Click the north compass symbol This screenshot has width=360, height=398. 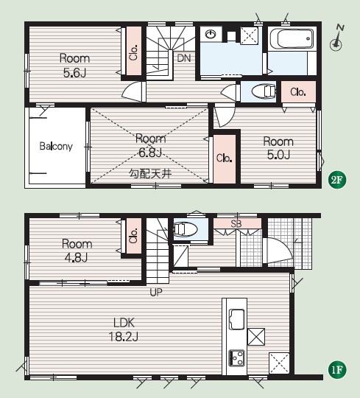pyautogui.click(x=337, y=38)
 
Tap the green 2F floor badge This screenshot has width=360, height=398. pyautogui.click(x=337, y=180)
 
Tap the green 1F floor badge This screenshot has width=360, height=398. pyautogui.click(x=337, y=369)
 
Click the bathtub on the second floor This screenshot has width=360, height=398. pyautogui.click(x=292, y=38)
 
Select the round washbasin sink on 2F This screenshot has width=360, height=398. pyautogui.click(x=210, y=34)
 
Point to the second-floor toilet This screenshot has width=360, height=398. pyautogui.click(x=264, y=91)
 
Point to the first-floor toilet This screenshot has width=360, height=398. pyautogui.click(x=185, y=229)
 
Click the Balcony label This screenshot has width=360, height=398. pyautogui.click(x=56, y=146)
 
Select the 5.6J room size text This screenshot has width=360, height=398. pyautogui.click(x=74, y=73)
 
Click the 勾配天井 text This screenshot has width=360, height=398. pyautogui.click(x=150, y=174)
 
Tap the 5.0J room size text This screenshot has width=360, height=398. pyautogui.click(x=278, y=155)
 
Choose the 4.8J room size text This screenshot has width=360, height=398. pyautogui.click(x=76, y=258)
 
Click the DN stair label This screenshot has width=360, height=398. pyautogui.click(x=184, y=58)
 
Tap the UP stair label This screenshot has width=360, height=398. pyautogui.click(x=156, y=293)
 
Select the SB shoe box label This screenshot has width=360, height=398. pyautogui.click(x=236, y=223)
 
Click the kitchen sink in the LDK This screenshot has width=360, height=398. pyautogui.click(x=237, y=319)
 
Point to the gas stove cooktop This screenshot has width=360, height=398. pyautogui.click(x=237, y=358)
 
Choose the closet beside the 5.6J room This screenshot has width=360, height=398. pyautogui.click(x=134, y=51)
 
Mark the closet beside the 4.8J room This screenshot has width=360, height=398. pyautogui.click(x=134, y=236)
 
